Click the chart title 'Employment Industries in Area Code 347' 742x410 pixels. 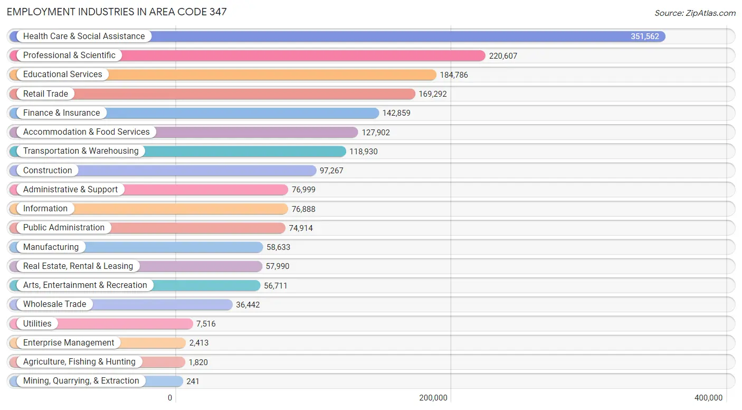[x=117, y=12]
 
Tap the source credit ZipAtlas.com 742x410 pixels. [x=695, y=13]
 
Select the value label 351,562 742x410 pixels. [x=644, y=36]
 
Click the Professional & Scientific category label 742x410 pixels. [x=69, y=55]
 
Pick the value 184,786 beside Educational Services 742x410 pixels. [x=454, y=75]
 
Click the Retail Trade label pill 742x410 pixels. [x=45, y=94]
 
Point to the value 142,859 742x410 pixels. [x=396, y=113]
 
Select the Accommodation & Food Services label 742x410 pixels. [x=86, y=132]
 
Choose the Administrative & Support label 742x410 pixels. [x=70, y=190]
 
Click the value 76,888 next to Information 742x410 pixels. [x=303, y=209]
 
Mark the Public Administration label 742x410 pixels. [x=64, y=228]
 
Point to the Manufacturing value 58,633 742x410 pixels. [x=278, y=247]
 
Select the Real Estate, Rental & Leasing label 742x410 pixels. [x=78, y=266]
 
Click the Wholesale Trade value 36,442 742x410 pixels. [x=248, y=305]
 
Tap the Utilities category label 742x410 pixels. [x=37, y=324]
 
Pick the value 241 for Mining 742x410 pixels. [x=193, y=381]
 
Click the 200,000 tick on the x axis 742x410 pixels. [x=433, y=398]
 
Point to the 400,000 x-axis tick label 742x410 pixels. [x=708, y=398]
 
